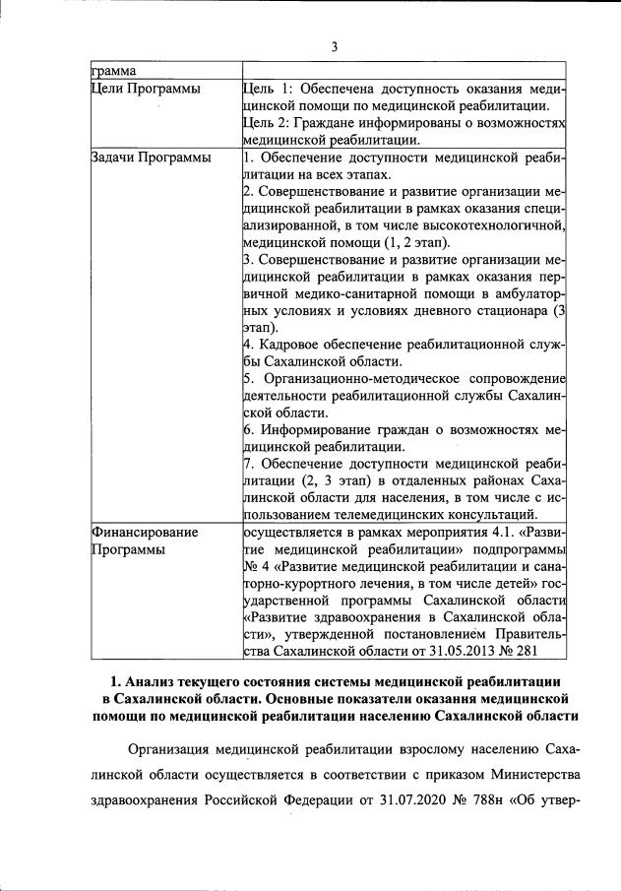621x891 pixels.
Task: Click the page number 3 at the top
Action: click(334, 46)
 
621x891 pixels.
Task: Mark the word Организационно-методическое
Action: click(353, 379)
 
